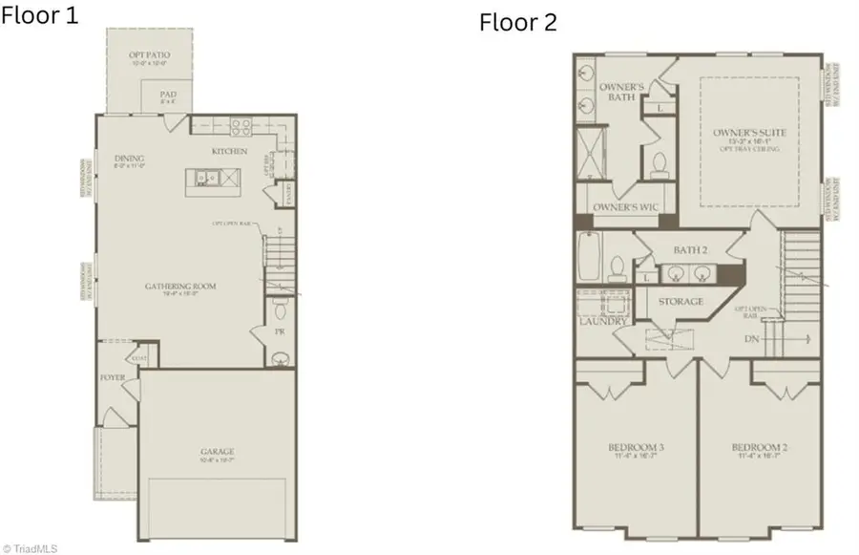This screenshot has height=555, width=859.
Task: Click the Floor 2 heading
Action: click(x=517, y=22)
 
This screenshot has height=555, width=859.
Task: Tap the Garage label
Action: click(x=218, y=452)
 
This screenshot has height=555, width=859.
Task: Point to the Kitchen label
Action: click(x=230, y=151)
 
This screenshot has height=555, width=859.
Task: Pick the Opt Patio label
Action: click(x=149, y=55)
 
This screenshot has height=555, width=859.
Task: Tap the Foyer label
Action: click(x=113, y=377)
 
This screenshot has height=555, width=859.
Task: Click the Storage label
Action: click(x=681, y=302)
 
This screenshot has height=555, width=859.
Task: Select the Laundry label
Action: click(x=602, y=322)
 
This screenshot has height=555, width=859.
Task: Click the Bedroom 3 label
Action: click(x=636, y=448)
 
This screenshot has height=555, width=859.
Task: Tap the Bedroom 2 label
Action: click(x=759, y=448)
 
